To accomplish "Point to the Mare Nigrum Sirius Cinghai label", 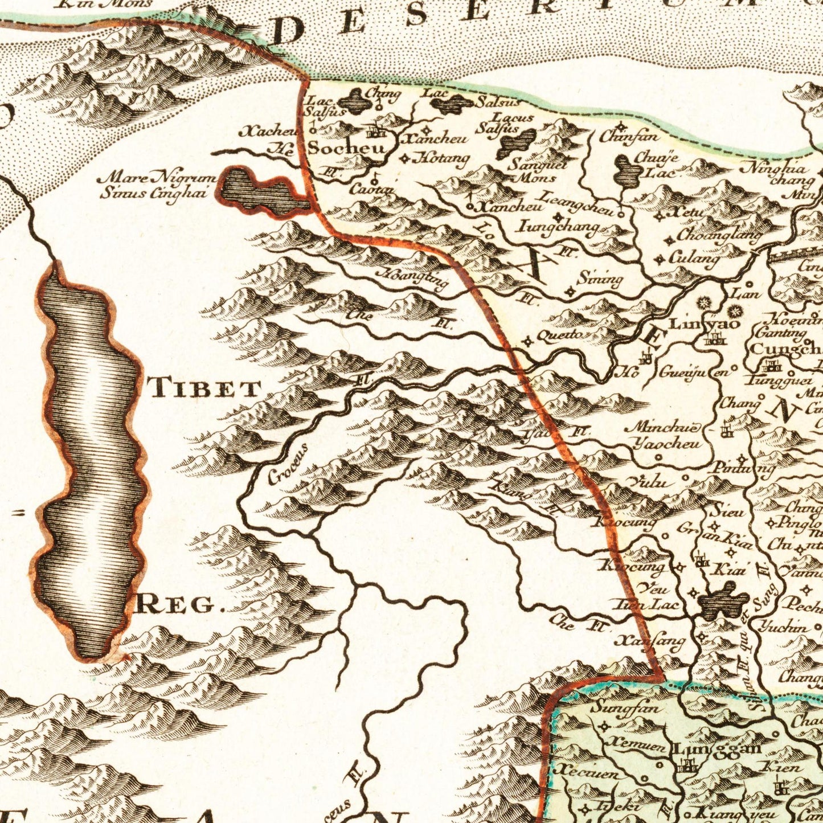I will coord(157,185).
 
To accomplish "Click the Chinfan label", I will coord(629,137).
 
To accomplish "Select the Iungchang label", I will coord(558,226).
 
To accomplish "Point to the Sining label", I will coord(599,280).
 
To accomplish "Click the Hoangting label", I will coord(414,280).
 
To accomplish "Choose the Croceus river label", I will coord(288,464).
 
